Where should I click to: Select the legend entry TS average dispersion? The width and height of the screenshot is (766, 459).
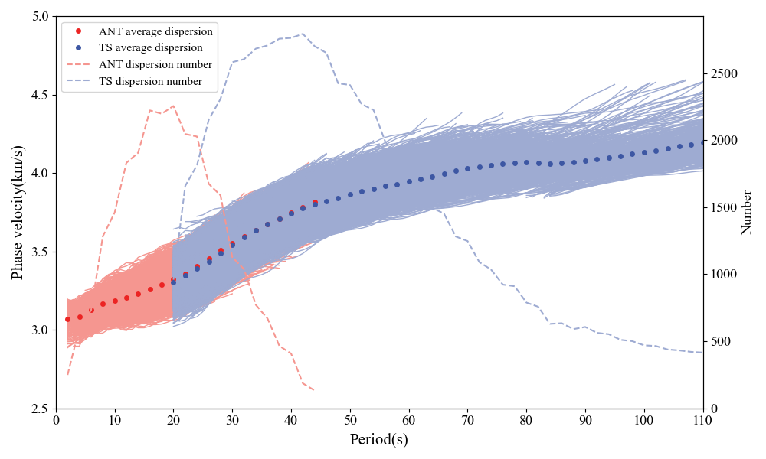coord(150,47)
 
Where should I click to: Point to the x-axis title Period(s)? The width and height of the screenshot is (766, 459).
coord(379,440)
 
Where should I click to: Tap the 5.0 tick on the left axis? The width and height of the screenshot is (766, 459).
coord(39,16)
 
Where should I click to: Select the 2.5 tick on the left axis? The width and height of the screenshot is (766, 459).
coord(39,409)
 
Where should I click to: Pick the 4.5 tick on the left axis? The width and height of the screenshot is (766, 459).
coord(39,95)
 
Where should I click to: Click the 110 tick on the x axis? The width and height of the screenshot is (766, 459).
coord(703,419)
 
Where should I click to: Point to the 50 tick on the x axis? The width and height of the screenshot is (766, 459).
coord(350,419)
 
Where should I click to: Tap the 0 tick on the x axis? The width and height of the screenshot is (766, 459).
coord(56,419)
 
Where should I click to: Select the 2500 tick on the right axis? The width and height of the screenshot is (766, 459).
coord(724,73)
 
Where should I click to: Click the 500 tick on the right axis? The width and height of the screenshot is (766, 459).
coord(721,341)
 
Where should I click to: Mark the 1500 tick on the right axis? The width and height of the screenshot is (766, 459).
coord(724,207)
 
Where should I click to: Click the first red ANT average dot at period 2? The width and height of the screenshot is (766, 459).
coord(67,319)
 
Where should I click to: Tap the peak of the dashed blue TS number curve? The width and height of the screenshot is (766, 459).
coord(303,34)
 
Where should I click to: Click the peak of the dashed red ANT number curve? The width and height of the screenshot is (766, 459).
coord(173,106)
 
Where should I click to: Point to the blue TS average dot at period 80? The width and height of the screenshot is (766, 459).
coord(526,162)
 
